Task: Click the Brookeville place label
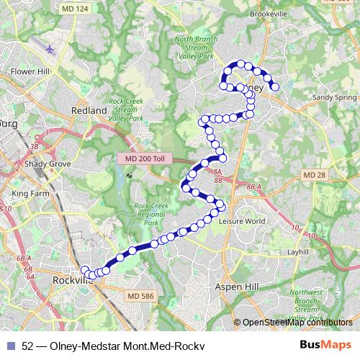(269, 14)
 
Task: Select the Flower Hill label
(29, 72)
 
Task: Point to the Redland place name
(89, 111)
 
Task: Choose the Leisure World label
(241, 221)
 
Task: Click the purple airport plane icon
(48, 50)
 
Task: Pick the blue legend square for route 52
(9, 346)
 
